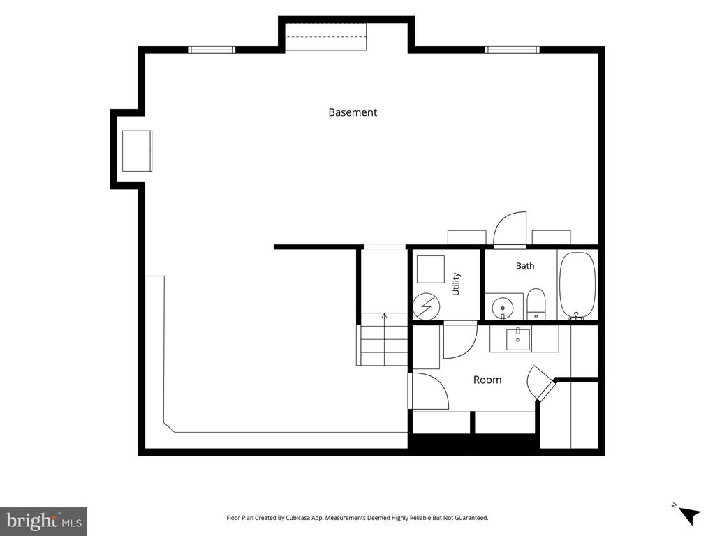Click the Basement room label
point(353,112)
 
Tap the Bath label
point(525,266)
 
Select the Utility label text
point(456,284)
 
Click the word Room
point(487,380)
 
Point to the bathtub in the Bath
point(577,285)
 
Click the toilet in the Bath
point(536,304)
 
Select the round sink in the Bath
point(503,307)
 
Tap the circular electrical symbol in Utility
point(427,306)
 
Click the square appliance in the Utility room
point(430,269)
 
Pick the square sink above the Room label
point(518,339)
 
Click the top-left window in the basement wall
point(212,50)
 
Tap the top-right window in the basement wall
point(512,50)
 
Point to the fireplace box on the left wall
point(137,151)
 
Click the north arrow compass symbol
point(688,515)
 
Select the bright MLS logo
point(44,521)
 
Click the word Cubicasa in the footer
point(298,518)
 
